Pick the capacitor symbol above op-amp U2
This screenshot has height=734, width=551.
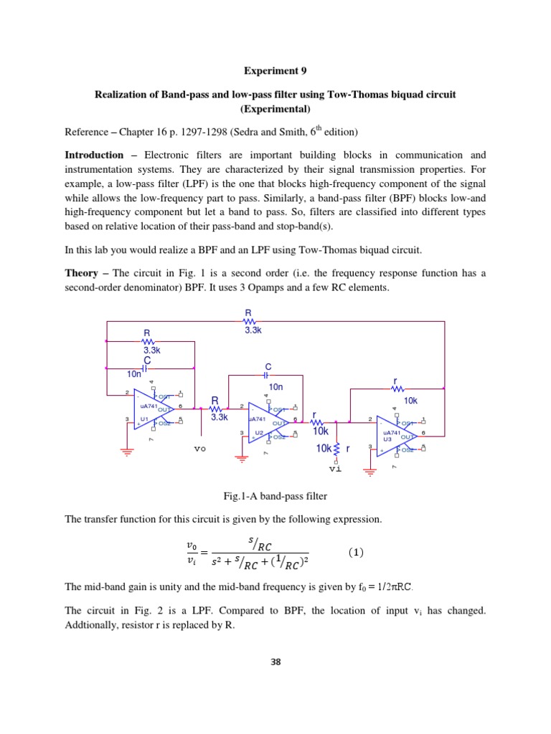point(267,375)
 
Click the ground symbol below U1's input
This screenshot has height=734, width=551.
point(127,452)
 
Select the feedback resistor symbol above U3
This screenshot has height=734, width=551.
point(397,389)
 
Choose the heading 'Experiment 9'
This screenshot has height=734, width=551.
point(275,71)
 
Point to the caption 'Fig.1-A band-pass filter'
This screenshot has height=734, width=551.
point(275,495)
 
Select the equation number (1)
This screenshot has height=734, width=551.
point(356,553)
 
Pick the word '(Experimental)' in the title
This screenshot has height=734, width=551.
point(275,109)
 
